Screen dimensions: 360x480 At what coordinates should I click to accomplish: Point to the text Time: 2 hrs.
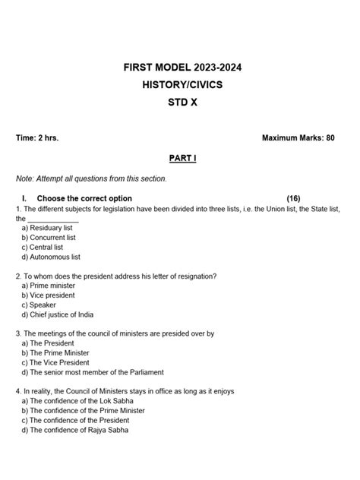pos(37,138)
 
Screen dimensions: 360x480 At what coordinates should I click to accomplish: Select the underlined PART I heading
pos(182,159)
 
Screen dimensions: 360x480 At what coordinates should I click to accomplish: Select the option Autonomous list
pos(55,257)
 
